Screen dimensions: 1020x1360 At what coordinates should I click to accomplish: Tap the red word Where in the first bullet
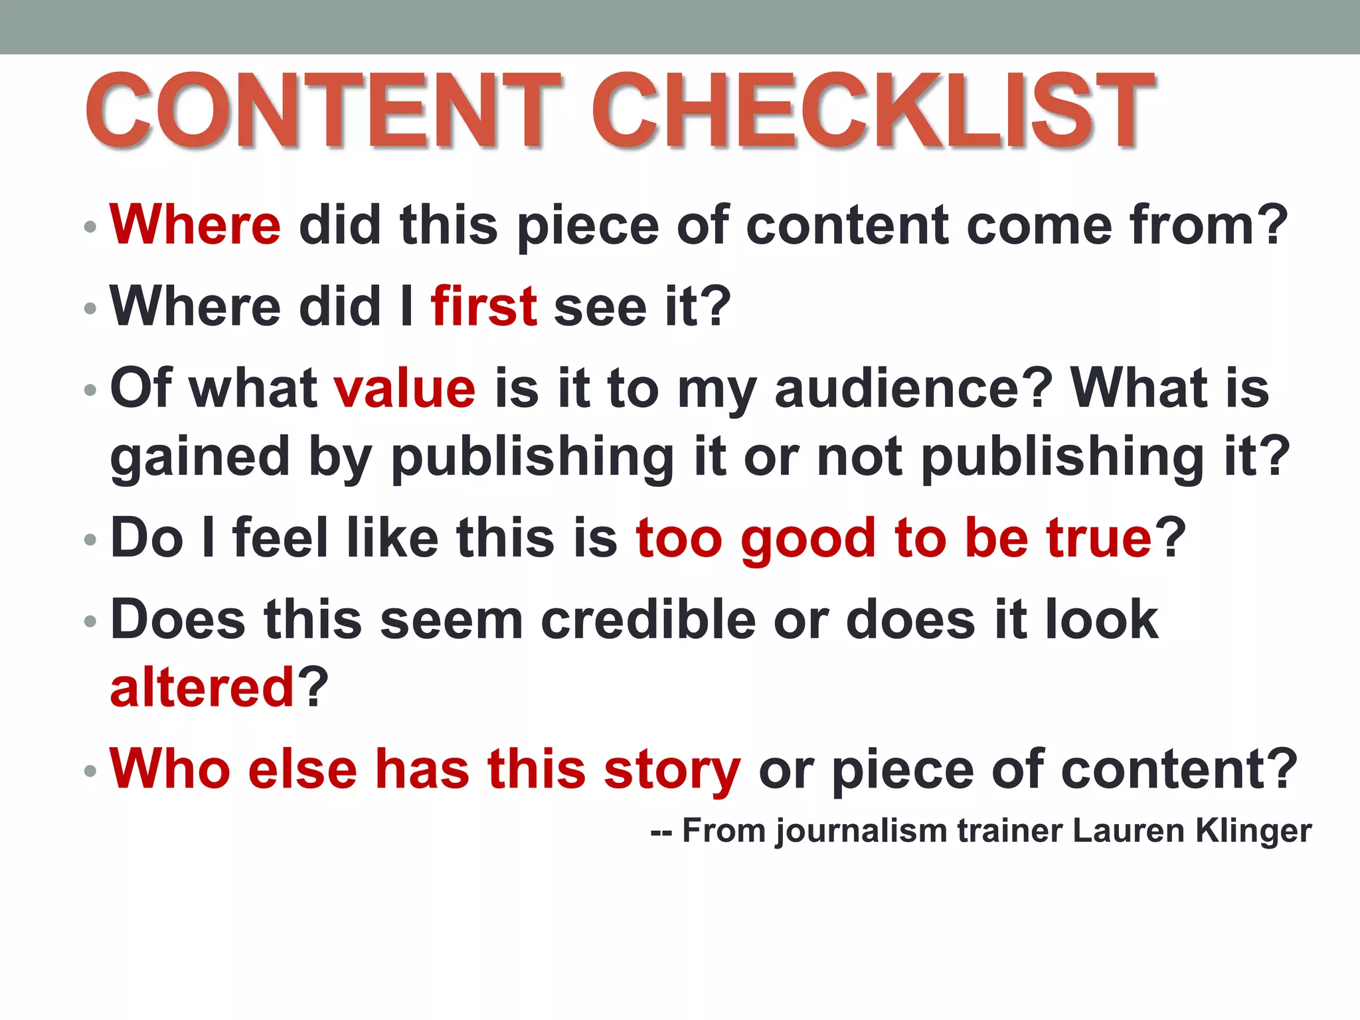coord(195,225)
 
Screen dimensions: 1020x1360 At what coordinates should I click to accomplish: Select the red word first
coord(483,306)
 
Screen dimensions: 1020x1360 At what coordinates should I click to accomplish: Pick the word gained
coord(200,458)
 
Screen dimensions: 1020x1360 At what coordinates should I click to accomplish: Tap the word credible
coord(648,620)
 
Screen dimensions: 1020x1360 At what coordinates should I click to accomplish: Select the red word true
coord(1098,538)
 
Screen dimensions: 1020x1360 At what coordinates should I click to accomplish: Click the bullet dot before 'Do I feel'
coord(90,541)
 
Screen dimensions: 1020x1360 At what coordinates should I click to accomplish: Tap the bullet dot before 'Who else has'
coord(90,772)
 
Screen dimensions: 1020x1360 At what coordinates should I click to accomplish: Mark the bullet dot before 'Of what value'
coord(90,390)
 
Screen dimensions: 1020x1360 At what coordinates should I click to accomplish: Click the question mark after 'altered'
coord(312,687)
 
